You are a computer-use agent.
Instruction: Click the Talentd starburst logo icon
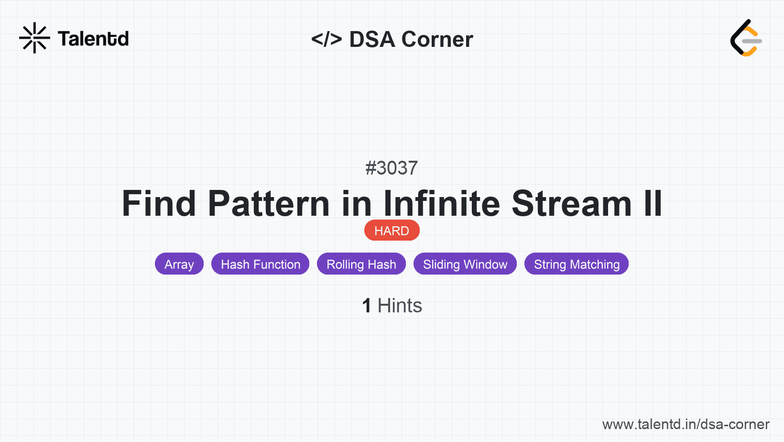(x=34, y=38)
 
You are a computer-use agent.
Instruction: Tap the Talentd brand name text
(x=93, y=39)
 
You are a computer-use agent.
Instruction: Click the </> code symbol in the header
(x=327, y=39)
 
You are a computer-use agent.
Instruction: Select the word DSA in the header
(x=372, y=39)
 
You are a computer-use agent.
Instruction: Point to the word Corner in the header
(x=437, y=39)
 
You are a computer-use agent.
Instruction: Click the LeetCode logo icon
(x=746, y=38)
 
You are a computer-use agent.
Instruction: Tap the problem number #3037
(x=392, y=168)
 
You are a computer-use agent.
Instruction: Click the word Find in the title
(x=159, y=203)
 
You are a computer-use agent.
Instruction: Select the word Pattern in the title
(x=269, y=203)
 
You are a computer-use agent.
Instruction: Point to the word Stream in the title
(x=572, y=203)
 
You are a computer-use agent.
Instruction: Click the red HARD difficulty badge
(x=392, y=231)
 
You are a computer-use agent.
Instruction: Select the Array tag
(x=179, y=264)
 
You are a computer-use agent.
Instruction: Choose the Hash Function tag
(x=261, y=264)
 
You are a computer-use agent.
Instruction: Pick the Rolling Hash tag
(x=361, y=264)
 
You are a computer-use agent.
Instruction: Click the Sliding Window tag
(x=465, y=264)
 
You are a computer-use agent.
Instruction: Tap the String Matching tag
(x=577, y=264)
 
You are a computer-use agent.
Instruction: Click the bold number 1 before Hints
(x=367, y=306)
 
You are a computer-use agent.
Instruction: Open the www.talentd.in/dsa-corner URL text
(x=686, y=424)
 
